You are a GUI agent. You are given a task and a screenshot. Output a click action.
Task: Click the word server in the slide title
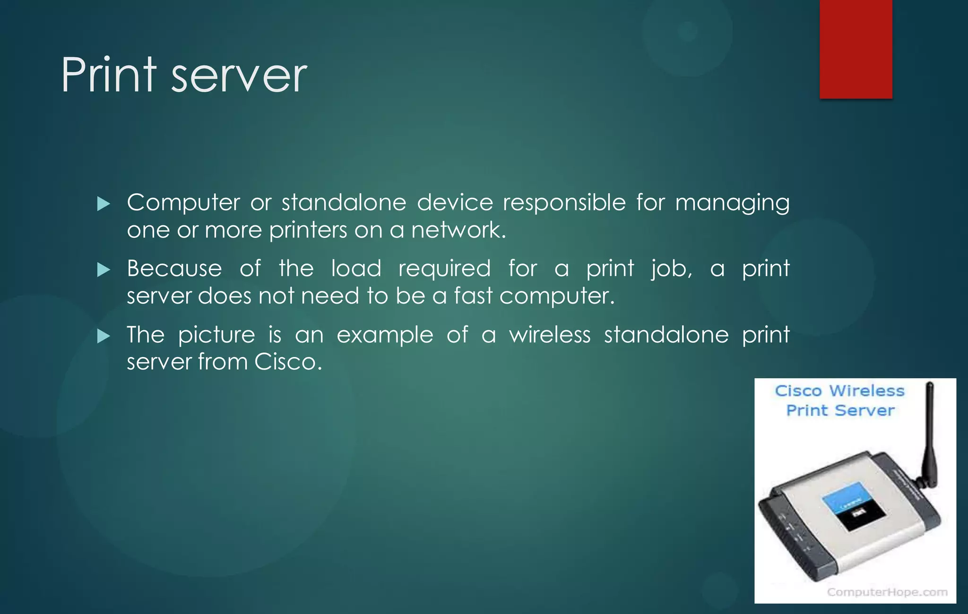point(239,77)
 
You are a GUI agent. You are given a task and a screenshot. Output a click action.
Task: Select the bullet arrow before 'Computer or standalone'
point(103,204)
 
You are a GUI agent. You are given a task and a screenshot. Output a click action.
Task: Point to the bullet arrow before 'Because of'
point(103,270)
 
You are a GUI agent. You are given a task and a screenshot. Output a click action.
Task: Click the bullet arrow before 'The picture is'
point(103,336)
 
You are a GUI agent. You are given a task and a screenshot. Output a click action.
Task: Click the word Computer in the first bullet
point(183,203)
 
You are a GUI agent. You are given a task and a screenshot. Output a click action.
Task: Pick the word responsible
point(564,203)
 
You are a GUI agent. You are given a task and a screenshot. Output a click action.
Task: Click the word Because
point(174,269)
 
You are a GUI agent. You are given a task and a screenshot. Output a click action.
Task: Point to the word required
point(444,270)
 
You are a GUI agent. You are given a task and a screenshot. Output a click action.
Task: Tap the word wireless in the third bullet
point(550,335)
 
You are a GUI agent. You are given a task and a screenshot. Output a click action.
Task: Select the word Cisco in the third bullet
point(287,362)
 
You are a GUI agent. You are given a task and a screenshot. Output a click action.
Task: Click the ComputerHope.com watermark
point(887,592)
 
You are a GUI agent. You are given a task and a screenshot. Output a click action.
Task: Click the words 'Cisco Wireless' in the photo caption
point(839,391)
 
